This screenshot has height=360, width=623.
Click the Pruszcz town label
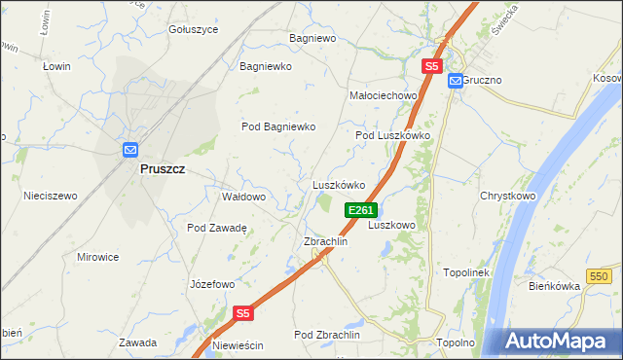point(163,168)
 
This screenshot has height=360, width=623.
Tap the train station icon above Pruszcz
point(131,150)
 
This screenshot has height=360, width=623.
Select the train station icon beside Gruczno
point(455,82)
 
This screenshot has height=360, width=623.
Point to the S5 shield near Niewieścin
point(243,313)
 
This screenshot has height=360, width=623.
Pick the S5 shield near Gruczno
point(432,66)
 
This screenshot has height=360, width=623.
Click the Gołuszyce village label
point(193,29)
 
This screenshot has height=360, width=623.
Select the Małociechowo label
point(383,96)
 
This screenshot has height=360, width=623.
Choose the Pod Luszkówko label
point(392,136)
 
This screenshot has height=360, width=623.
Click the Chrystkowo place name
point(508,196)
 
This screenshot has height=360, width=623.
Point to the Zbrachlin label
point(325,241)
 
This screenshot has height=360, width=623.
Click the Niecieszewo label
point(51,196)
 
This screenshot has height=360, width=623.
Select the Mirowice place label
point(97,257)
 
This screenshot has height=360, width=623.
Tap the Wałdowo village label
point(243,197)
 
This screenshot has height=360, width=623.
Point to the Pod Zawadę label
point(217,228)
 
